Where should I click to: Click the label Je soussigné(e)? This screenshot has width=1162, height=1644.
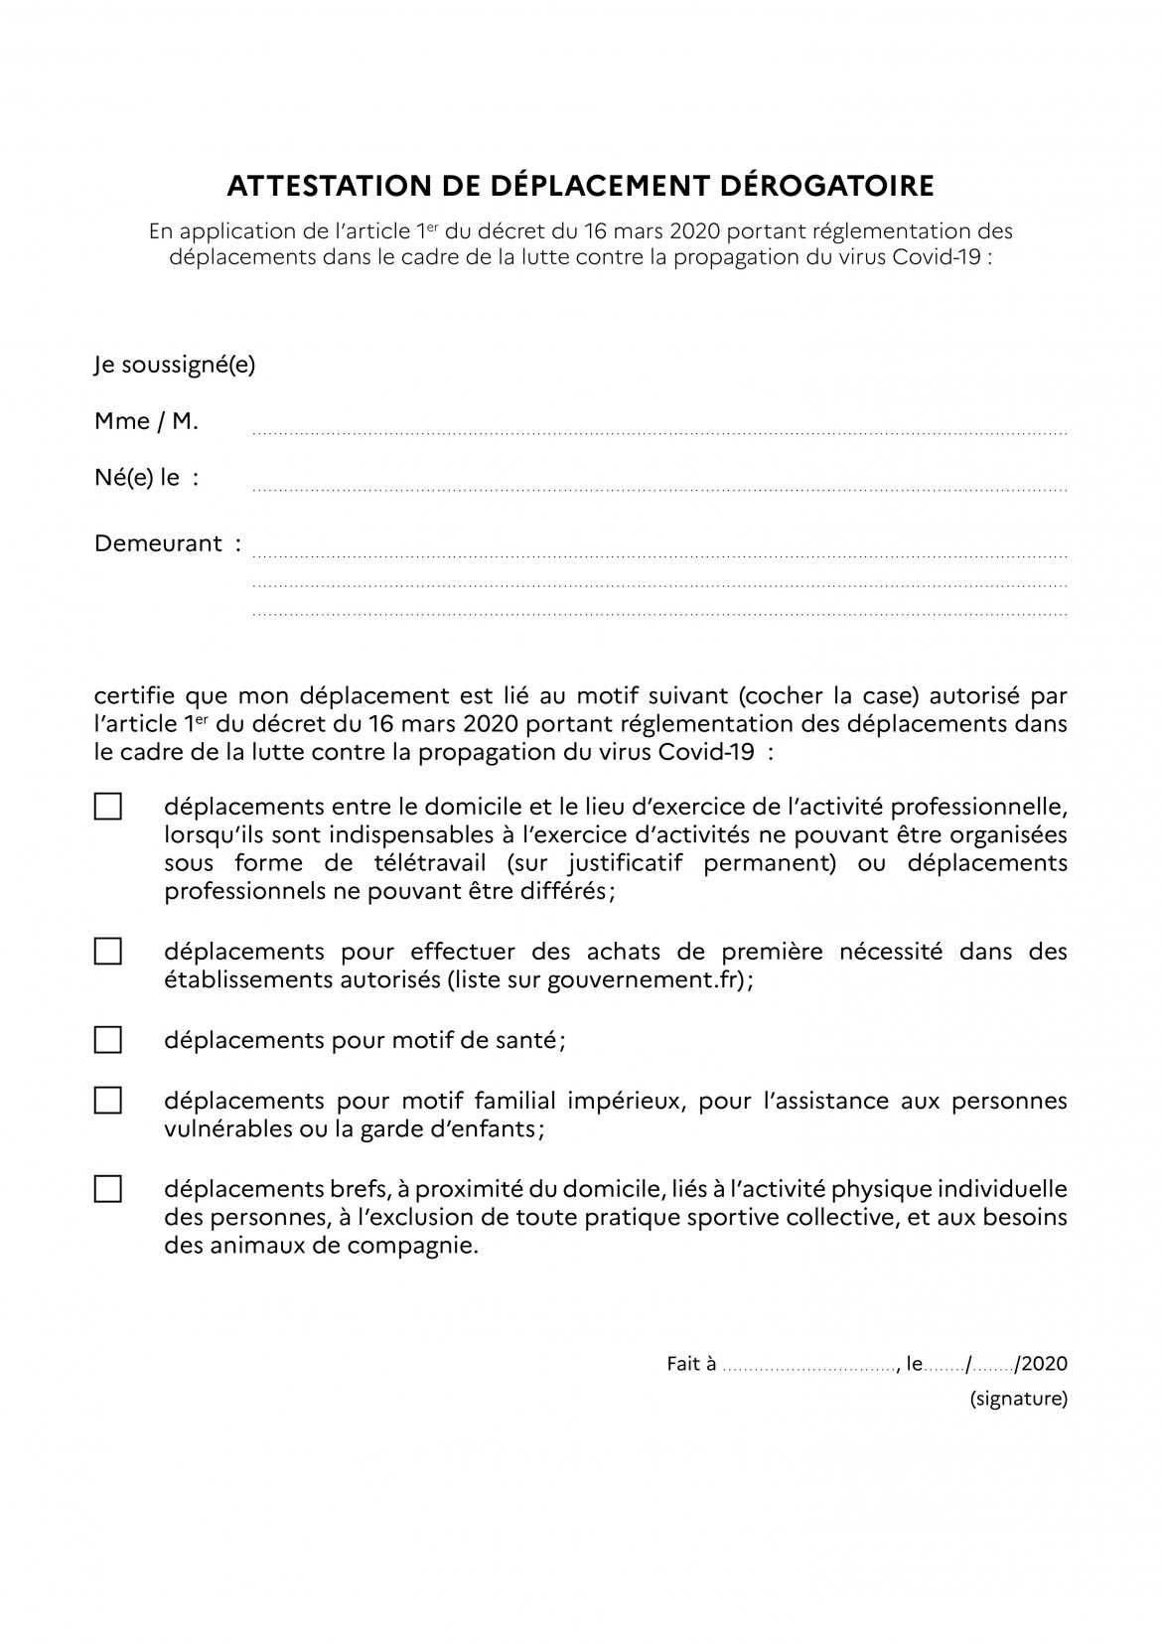click(x=175, y=365)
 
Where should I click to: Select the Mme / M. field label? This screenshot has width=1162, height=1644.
click(x=146, y=421)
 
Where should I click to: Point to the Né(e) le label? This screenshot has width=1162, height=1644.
click(x=146, y=478)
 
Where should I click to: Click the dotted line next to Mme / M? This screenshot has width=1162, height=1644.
click(x=659, y=434)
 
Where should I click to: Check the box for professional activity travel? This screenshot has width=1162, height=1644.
click(x=108, y=806)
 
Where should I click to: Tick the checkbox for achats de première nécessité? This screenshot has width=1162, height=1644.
click(x=108, y=952)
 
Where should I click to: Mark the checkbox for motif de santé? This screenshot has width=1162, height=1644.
click(x=108, y=1040)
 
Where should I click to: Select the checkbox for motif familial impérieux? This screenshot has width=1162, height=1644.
click(x=108, y=1101)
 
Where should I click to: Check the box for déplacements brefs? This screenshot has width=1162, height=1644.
click(x=108, y=1189)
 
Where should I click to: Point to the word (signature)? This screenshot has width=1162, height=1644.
click(x=1018, y=1399)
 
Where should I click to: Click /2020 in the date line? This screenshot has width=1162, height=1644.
click(x=1041, y=1364)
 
